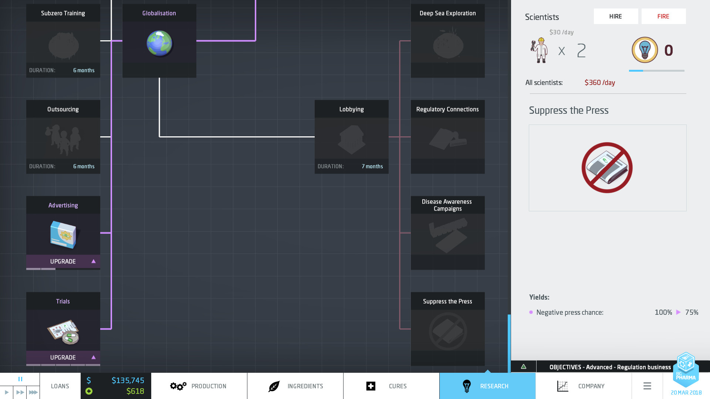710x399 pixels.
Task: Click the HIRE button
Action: click(616, 16)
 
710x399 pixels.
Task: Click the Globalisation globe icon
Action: click(159, 43)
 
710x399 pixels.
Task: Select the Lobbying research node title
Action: click(351, 109)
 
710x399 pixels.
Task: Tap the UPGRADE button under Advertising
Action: click(63, 262)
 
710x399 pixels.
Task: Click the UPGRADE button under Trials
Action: click(63, 358)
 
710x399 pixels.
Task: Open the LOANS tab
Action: click(60, 386)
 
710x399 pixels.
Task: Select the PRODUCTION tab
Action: click(199, 386)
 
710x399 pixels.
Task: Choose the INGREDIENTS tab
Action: click(295, 386)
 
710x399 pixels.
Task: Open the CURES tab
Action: click(391, 386)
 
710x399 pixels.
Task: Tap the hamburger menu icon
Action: click(647, 386)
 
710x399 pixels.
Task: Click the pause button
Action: click(20, 379)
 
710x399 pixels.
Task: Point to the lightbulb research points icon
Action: click(645, 50)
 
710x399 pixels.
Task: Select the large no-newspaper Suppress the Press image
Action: click(607, 168)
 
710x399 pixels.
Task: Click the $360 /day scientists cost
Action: click(599, 83)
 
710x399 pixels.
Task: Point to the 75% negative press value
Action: click(692, 313)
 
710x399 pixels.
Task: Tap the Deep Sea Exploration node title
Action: click(447, 13)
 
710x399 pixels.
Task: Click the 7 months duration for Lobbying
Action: click(372, 167)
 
